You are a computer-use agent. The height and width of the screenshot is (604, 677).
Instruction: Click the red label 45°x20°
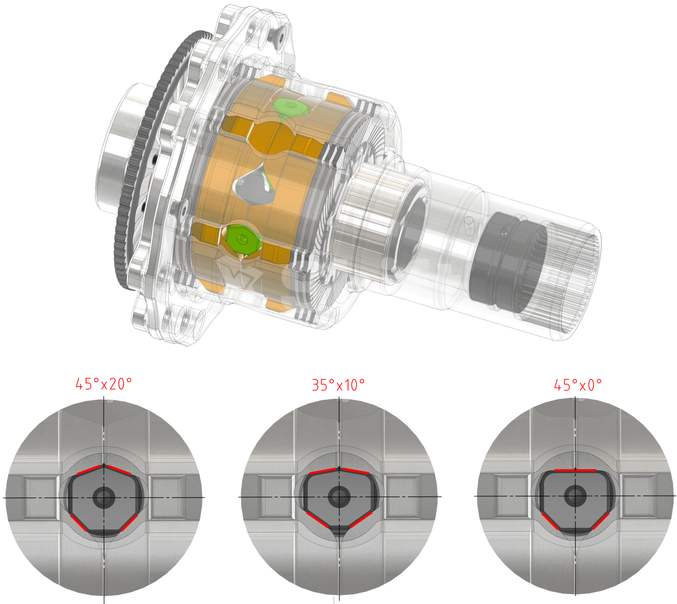(x=104, y=385)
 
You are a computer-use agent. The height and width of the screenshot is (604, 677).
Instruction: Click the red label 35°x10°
(x=338, y=385)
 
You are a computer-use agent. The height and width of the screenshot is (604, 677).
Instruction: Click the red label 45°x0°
(x=578, y=385)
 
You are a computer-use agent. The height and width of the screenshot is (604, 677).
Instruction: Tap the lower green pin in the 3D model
(x=243, y=239)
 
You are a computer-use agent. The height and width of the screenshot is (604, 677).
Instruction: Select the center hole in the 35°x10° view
(x=339, y=496)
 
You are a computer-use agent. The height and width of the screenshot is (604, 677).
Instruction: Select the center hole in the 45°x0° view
(x=575, y=496)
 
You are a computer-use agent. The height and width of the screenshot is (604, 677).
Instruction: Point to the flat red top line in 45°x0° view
(x=575, y=470)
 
